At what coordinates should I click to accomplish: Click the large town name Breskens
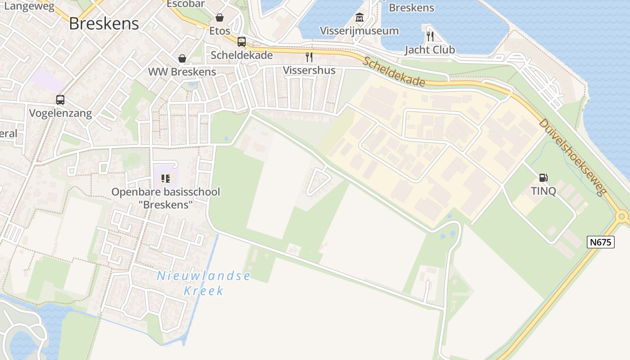(104, 24)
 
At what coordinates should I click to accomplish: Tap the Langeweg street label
(29, 6)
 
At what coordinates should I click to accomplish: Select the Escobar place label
(185, 4)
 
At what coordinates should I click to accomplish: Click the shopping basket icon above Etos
(220, 18)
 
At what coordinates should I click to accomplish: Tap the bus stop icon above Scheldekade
(242, 42)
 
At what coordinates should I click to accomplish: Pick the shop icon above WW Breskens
(182, 58)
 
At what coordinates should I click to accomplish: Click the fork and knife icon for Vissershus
(309, 57)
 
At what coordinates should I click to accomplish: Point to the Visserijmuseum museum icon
(359, 18)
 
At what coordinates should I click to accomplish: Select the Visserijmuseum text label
(359, 31)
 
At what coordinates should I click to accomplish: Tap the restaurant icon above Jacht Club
(430, 36)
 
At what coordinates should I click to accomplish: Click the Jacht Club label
(430, 49)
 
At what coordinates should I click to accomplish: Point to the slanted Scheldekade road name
(394, 72)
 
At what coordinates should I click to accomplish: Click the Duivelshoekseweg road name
(571, 157)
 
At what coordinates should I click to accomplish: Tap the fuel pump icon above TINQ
(544, 178)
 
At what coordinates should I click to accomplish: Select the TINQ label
(544, 191)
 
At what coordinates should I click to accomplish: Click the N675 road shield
(601, 242)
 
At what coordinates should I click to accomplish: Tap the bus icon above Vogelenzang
(60, 100)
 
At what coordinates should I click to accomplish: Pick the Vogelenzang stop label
(60, 113)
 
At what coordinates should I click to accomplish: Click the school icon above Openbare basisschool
(166, 179)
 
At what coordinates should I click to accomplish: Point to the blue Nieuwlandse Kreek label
(203, 283)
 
